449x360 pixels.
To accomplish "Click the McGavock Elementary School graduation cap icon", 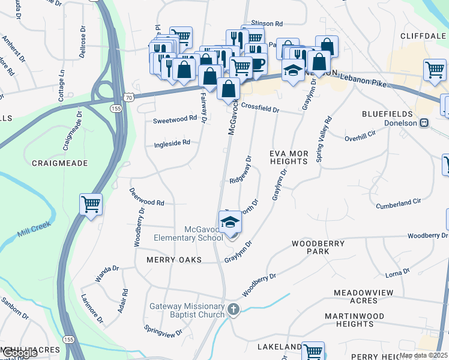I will click(230, 223).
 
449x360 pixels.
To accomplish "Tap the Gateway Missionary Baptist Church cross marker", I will click(234, 310).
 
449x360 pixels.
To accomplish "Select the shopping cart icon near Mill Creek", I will click(91, 205).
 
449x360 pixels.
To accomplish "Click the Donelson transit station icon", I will click(424, 122).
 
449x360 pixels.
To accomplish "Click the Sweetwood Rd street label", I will click(175, 119).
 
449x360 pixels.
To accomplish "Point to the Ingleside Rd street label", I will click(172, 143).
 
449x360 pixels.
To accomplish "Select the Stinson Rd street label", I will click(267, 24).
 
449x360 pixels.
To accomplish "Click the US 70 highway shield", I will click(129, 96).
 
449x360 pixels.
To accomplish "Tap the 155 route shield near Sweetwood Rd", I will click(116, 108).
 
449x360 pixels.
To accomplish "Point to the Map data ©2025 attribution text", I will click(423, 355).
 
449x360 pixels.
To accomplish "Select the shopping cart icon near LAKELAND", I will click(313, 352).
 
